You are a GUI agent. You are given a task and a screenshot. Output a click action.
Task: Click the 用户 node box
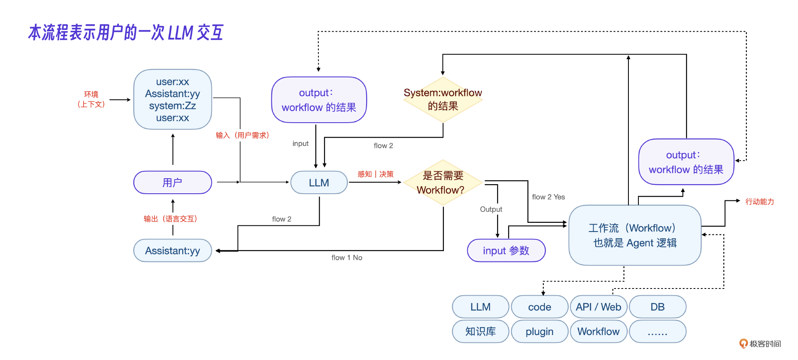(172, 182)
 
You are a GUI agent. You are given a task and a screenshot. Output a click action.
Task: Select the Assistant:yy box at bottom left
(172, 251)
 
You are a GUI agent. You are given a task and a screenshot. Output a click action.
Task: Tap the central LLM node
(319, 182)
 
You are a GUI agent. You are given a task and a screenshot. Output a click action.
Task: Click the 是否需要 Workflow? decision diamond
(443, 182)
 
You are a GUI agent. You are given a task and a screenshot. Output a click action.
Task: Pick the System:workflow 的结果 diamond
(443, 99)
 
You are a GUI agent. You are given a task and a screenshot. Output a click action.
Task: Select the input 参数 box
(506, 251)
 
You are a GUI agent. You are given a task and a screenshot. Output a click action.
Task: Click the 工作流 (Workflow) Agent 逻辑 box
(635, 235)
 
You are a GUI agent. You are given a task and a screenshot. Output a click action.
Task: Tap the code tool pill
(539, 307)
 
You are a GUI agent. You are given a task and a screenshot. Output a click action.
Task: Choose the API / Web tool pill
(598, 307)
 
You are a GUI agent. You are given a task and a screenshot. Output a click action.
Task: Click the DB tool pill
(658, 307)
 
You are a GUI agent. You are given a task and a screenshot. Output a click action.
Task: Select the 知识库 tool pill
(480, 331)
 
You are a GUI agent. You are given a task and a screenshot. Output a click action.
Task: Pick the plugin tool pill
(539, 331)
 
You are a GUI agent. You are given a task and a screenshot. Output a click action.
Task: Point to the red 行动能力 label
(759, 202)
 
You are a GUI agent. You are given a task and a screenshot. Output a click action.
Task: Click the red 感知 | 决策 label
(375, 174)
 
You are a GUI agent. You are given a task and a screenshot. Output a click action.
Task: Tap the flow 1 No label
(347, 258)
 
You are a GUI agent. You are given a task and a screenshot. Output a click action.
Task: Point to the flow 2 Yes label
(548, 197)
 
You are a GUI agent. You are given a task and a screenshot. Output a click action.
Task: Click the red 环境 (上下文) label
(91, 99)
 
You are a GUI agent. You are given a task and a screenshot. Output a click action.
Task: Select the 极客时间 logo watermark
(760, 344)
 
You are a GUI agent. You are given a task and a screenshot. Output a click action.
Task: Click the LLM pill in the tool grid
(480, 307)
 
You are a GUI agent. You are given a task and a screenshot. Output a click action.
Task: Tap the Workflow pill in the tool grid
(598, 331)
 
